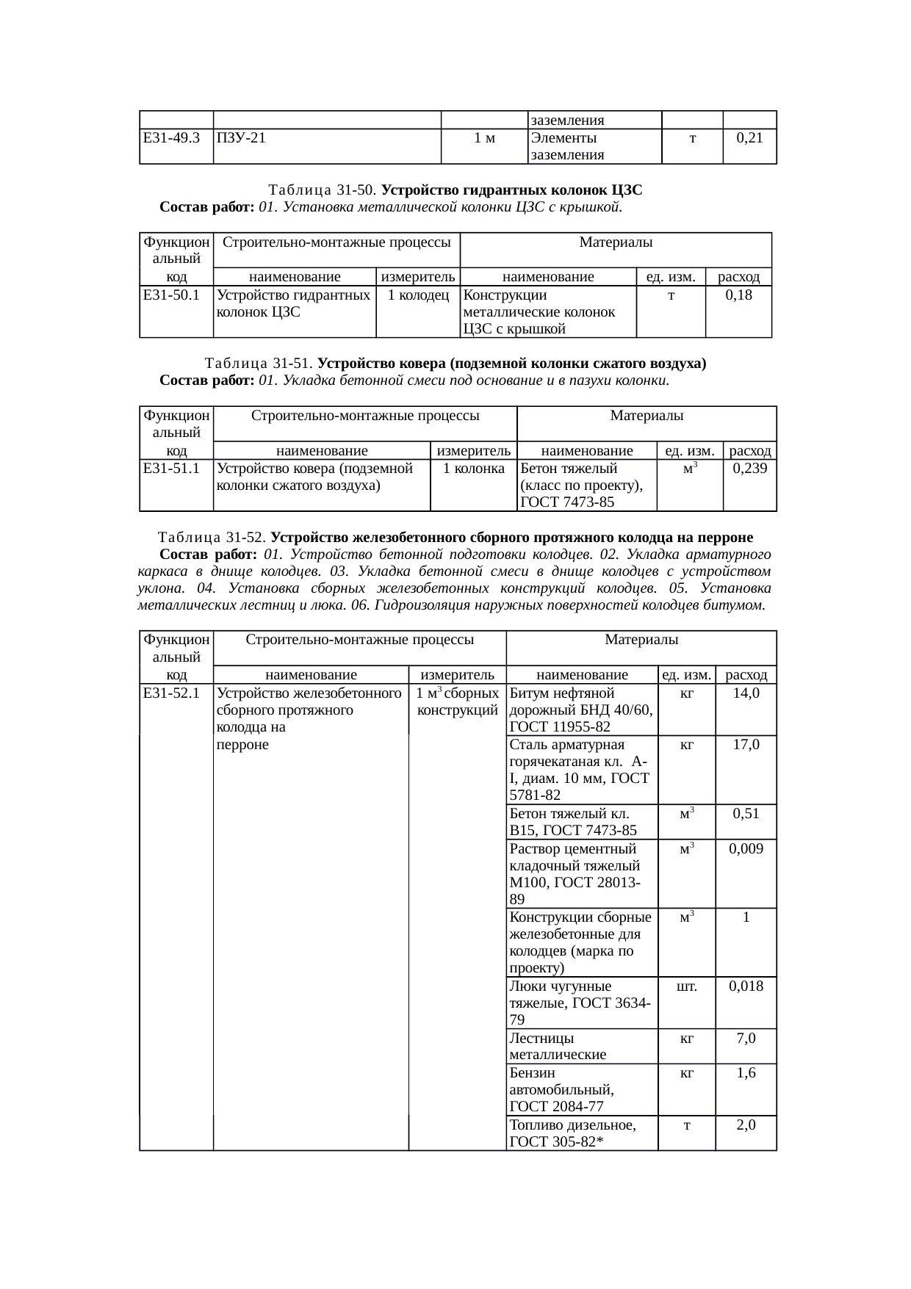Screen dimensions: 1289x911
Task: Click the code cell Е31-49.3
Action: pyautogui.click(x=172, y=138)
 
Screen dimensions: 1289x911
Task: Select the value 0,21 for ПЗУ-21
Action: pyautogui.click(x=749, y=138)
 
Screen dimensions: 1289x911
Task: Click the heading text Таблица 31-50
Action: pyautogui.click(x=323, y=190)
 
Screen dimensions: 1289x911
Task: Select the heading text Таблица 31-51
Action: pyautogui.click(x=260, y=364)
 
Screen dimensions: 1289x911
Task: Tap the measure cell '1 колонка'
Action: pyautogui.click(x=474, y=469)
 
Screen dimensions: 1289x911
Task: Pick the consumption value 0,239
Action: pyautogui.click(x=749, y=469)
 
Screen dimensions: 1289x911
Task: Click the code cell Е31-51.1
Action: pyautogui.click(x=172, y=469)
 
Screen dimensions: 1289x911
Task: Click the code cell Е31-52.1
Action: pyautogui.click(x=172, y=693)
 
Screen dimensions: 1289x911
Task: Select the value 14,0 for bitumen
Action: pyautogui.click(x=746, y=693)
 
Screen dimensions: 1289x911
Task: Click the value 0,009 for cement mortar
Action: pyautogui.click(x=746, y=849)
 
